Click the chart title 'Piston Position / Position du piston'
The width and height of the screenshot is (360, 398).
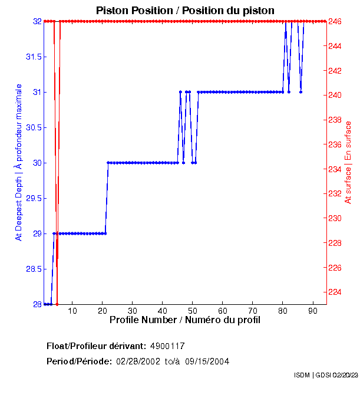coord(185,11)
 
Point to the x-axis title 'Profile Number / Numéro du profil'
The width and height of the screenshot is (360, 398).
coord(185,320)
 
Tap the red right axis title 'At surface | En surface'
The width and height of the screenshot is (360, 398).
coord(348,162)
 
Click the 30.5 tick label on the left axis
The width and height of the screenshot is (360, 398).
coord(32,127)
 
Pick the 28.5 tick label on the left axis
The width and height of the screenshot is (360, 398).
coord(32,269)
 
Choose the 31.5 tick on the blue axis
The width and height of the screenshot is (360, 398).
coord(32,57)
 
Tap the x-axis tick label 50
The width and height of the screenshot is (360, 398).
coord(193,311)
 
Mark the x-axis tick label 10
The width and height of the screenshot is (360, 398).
coord(72,311)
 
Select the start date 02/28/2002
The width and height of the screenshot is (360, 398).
coord(137,361)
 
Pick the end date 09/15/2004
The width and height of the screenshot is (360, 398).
coord(207,361)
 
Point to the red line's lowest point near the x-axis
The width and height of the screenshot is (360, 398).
coord(57,304)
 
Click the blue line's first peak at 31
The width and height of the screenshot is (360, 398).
coord(180,92)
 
